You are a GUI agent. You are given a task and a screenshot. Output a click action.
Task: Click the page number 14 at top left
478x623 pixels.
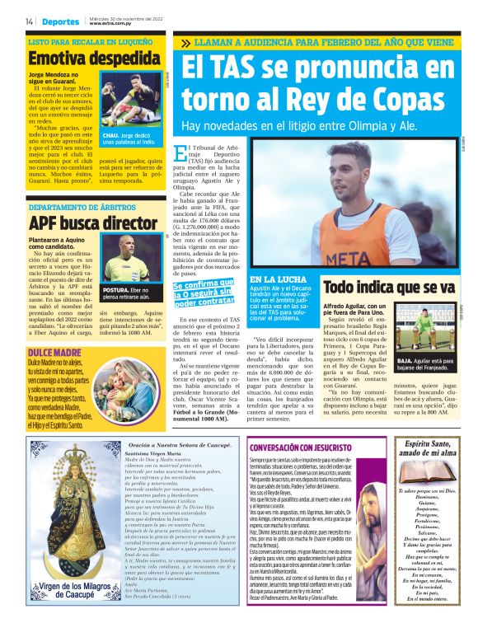point(30,21)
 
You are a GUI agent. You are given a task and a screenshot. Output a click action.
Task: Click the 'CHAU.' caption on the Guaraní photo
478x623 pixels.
point(111,133)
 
